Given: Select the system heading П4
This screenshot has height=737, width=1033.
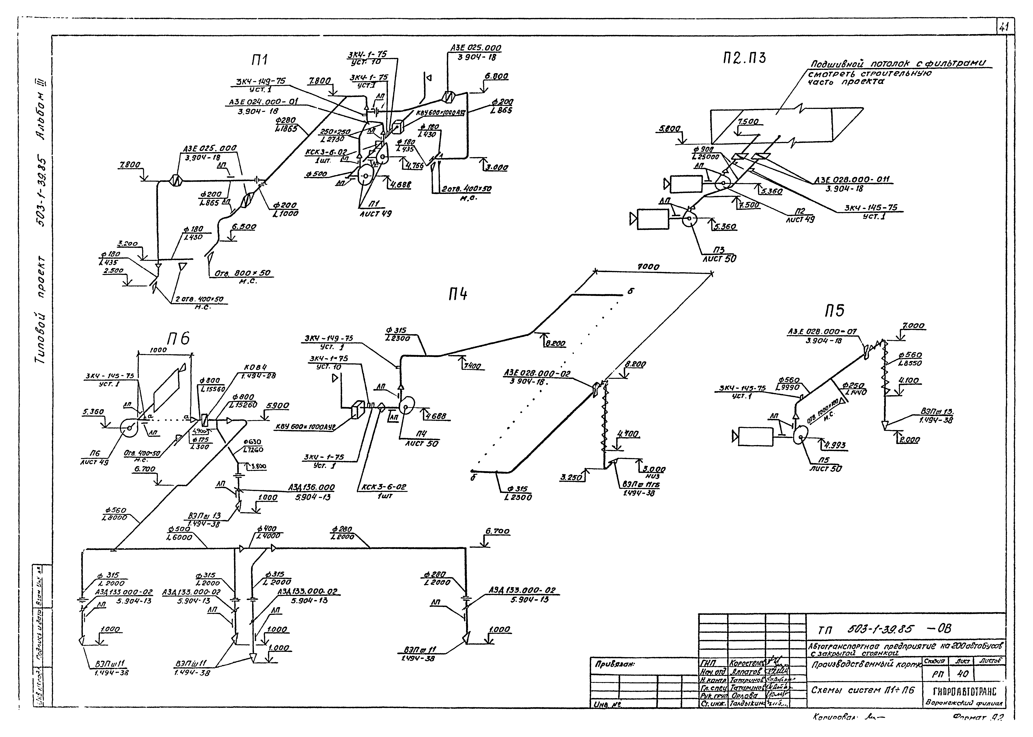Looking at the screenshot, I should pos(457,295).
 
